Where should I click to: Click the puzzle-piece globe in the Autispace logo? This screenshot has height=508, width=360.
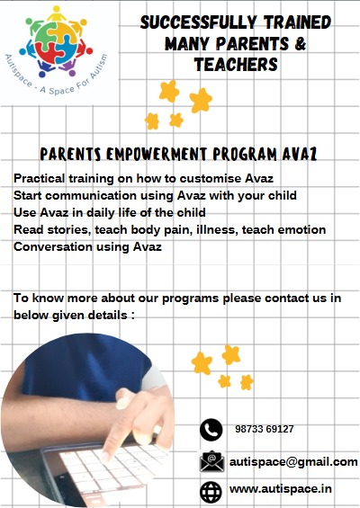tap(56, 43)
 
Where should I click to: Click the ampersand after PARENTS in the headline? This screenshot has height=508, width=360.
tap(300, 44)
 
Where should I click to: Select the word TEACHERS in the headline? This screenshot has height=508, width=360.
tap(236, 64)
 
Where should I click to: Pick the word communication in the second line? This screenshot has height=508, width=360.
tap(91, 195)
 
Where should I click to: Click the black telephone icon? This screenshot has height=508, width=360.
tap(211, 430)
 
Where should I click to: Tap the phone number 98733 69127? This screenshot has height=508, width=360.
tap(265, 429)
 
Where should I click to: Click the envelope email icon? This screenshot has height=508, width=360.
tap(211, 461)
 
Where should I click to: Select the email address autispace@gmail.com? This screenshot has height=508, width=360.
tap(293, 462)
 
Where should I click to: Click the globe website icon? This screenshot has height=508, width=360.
tap(211, 492)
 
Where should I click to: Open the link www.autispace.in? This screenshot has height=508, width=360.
tap(281, 488)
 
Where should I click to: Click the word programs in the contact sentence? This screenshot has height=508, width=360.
tap(191, 299)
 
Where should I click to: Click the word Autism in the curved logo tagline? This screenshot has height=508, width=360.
tap(99, 67)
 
